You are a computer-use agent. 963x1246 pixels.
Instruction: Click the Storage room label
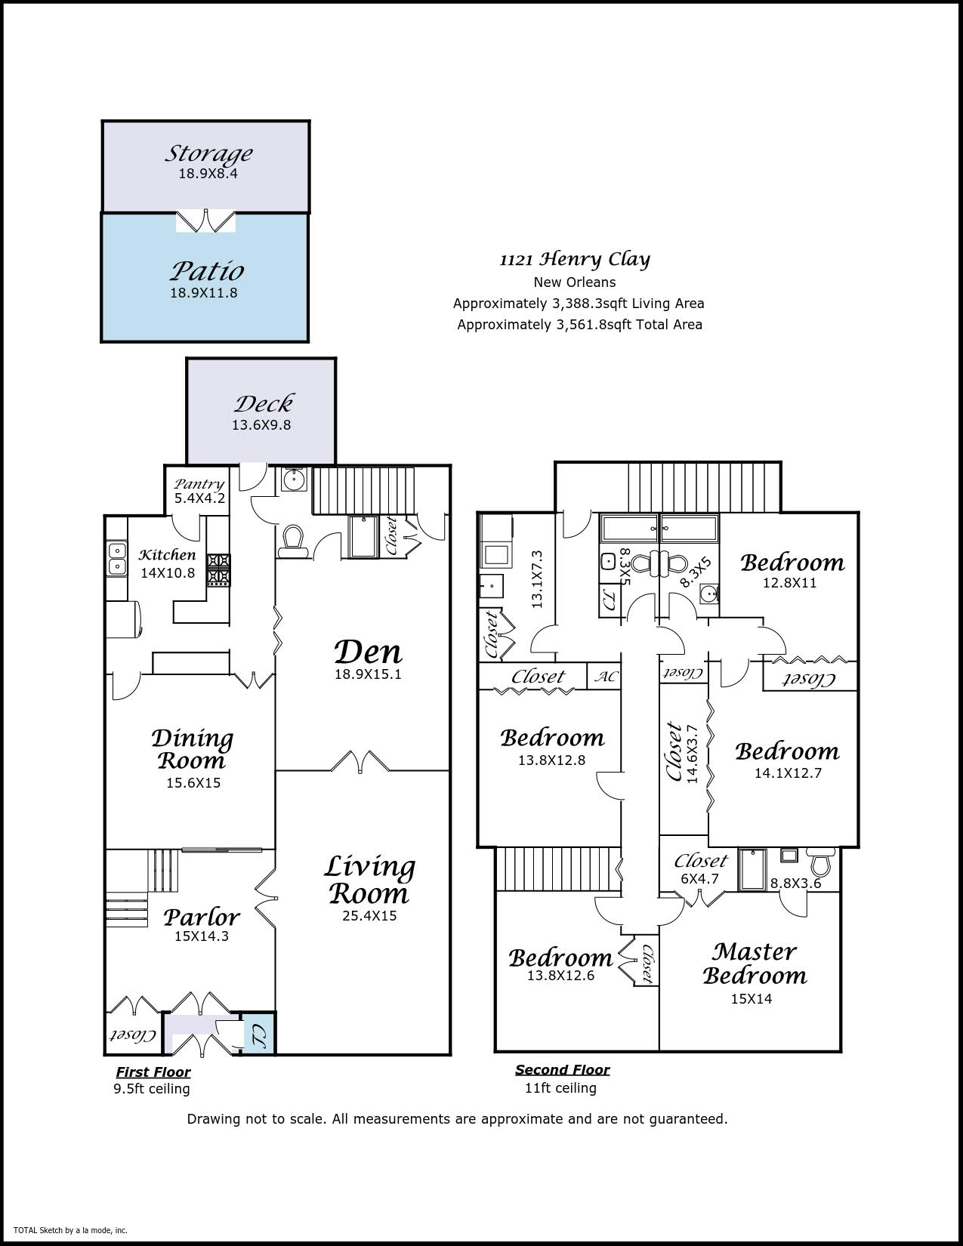pos(208,153)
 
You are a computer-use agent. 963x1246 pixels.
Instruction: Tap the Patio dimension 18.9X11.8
pos(204,292)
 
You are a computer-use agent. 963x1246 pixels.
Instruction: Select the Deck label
pos(264,404)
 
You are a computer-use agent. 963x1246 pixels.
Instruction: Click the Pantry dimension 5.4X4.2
pos(199,498)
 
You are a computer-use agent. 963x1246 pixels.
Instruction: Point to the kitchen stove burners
pos(218,568)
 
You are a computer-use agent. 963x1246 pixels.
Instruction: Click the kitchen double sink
pos(116,559)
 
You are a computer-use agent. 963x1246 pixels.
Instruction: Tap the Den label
pos(368,652)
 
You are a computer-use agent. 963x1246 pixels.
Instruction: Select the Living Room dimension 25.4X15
pos(369,916)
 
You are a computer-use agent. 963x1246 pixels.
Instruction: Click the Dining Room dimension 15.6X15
pos(193,782)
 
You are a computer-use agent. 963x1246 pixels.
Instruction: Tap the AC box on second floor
pos(605,676)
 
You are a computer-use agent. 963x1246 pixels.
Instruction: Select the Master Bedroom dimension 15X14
pos(752,999)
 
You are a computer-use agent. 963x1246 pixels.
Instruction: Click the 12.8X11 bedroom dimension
pos(790,582)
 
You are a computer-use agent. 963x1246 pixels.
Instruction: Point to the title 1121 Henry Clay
pos(575,259)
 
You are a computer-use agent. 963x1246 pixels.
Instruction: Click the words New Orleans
pos(575,282)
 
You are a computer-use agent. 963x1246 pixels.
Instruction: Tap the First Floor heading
pos(153,1072)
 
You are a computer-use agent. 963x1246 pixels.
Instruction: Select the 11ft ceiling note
pos(560,1087)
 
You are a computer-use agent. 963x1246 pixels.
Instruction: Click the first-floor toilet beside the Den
pos(292,541)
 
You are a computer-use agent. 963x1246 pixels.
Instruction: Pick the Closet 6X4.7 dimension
pos(699,878)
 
